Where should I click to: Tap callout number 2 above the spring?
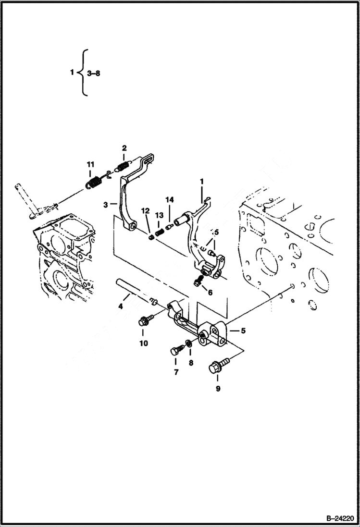(124, 147)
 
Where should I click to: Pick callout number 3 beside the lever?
(105, 205)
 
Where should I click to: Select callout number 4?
(121, 306)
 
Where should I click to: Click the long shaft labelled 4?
(132, 291)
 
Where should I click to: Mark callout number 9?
(218, 389)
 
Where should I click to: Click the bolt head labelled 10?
(143, 321)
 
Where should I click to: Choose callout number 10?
(143, 343)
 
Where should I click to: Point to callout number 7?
(176, 372)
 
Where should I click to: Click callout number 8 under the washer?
(191, 363)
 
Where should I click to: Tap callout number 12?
(145, 210)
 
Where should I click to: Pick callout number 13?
(159, 214)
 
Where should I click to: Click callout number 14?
(169, 199)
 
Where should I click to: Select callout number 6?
(210, 292)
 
